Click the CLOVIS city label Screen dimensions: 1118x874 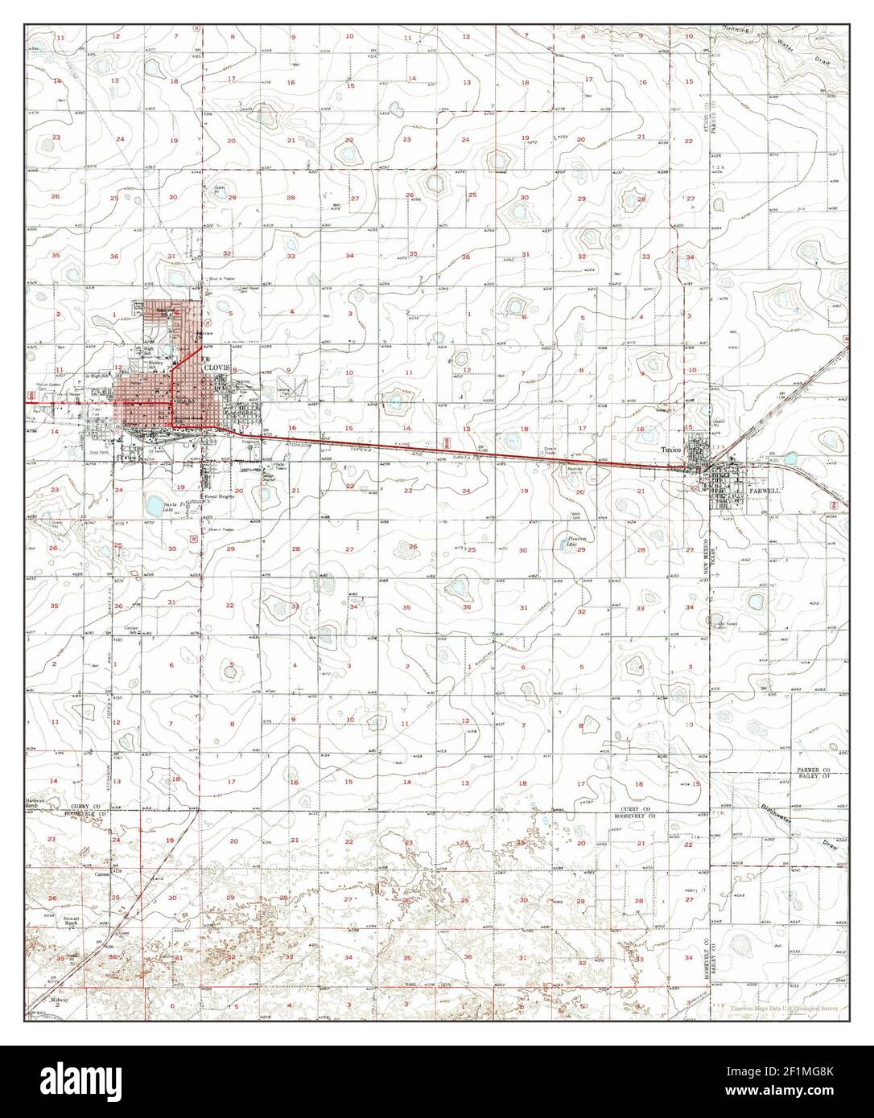pyautogui.click(x=217, y=367)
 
